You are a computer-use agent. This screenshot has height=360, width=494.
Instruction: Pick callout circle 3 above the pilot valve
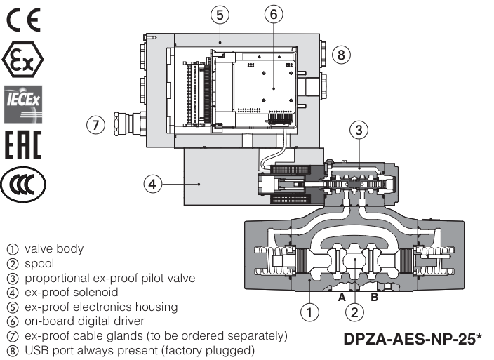[358, 130]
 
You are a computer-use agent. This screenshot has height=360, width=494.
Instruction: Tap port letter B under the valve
[373, 298]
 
